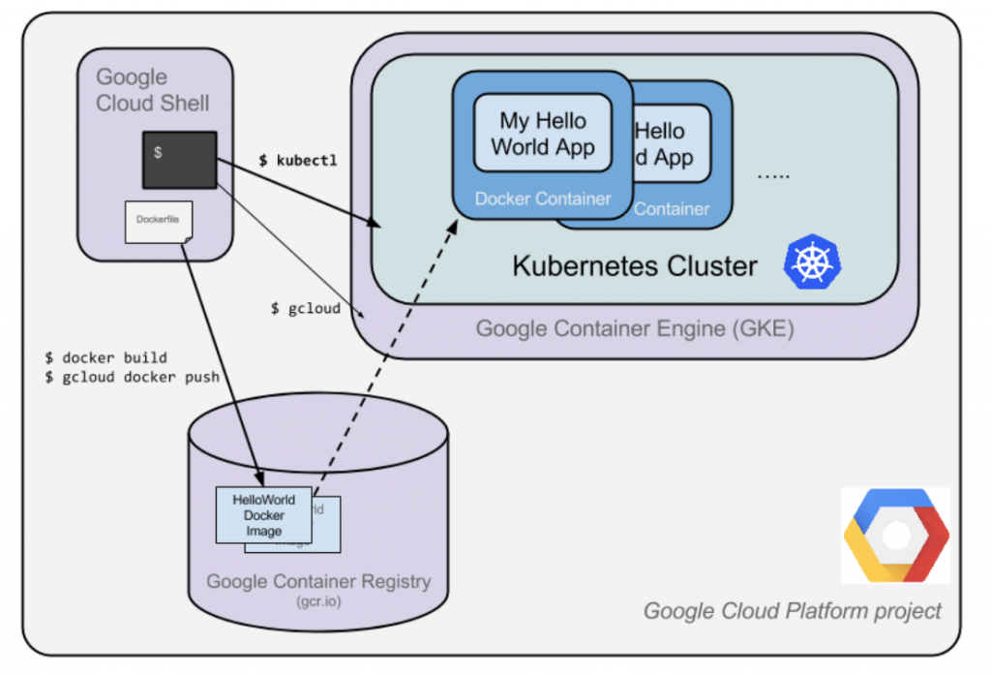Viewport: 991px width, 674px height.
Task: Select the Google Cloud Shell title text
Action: (152, 89)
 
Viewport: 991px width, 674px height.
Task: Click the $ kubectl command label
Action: (298, 161)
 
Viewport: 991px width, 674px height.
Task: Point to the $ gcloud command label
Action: (305, 308)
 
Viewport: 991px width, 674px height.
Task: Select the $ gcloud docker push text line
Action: (132, 377)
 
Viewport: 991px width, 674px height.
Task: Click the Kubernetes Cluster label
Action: (634, 265)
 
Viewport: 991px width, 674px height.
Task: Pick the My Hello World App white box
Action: (542, 135)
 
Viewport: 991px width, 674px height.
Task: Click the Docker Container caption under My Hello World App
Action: (542, 199)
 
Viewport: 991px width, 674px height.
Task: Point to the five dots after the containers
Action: (773, 176)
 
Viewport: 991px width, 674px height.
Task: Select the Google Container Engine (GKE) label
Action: (634, 328)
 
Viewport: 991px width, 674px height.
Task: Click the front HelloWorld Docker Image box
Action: (263, 515)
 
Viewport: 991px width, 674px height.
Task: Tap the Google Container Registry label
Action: (318, 582)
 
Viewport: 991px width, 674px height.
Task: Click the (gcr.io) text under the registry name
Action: (318, 601)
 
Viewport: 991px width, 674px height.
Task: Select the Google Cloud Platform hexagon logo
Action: (895, 536)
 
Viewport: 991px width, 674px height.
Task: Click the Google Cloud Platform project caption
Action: (792, 611)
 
